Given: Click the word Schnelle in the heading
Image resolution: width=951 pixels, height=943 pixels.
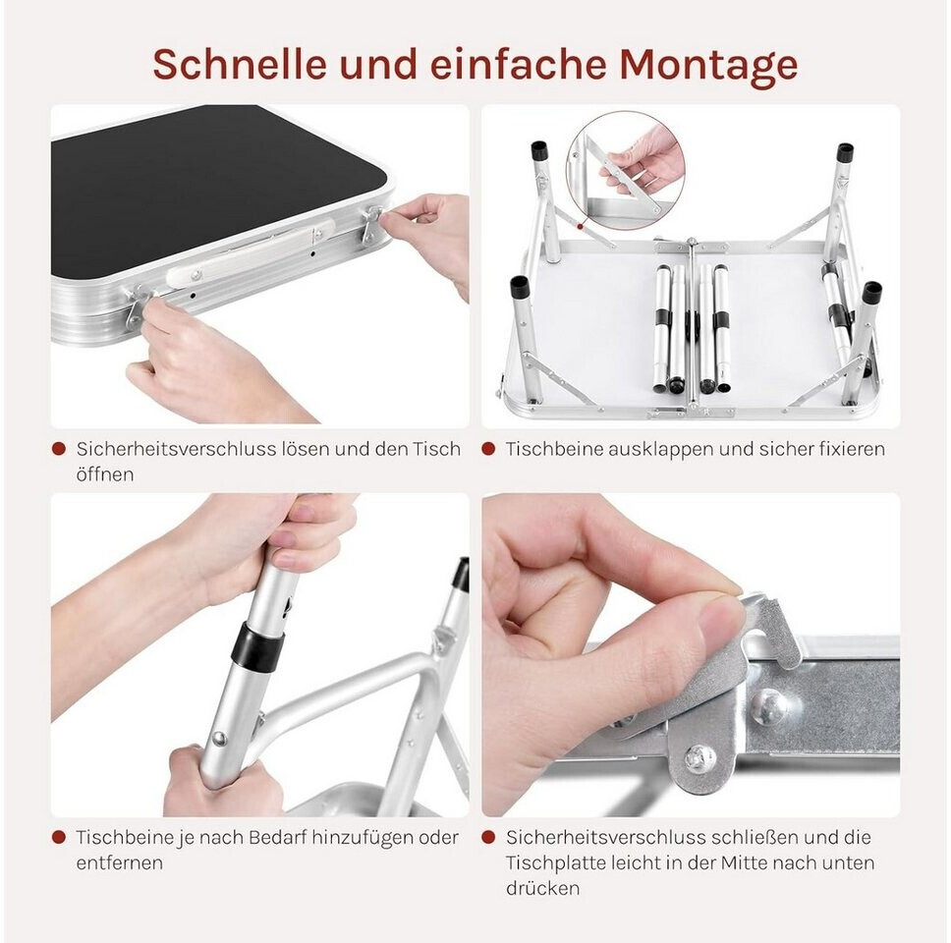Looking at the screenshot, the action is [240, 63].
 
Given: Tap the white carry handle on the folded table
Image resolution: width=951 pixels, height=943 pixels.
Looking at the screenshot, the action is [251, 253].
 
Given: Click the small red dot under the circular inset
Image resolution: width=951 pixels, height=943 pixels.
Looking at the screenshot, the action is [580, 227].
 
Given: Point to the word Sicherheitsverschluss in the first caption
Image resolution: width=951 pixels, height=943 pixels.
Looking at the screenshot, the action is [178, 449].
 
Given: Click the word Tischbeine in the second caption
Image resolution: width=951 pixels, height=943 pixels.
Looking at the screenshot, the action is [553, 449].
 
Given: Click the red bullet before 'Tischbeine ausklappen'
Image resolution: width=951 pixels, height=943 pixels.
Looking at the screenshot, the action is [488, 449].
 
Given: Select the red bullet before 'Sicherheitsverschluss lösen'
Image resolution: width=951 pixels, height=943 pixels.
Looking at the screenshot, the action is [59, 449].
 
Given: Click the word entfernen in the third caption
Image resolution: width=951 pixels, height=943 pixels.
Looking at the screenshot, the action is [120, 862].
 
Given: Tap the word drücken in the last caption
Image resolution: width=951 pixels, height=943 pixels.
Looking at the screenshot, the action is [543, 888].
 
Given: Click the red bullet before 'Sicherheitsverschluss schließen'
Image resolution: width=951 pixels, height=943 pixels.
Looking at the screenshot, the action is [488, 838].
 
